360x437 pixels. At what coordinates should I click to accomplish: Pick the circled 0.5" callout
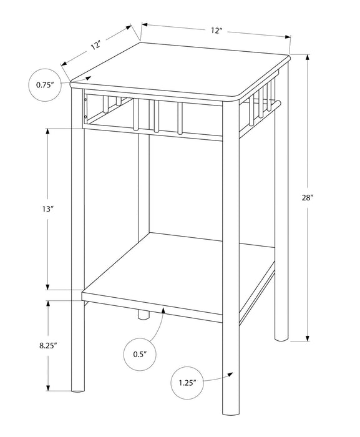[139, 353]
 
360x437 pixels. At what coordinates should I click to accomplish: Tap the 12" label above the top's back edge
[216, 31]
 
